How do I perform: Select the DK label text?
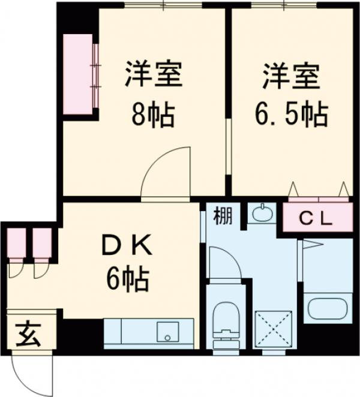127,245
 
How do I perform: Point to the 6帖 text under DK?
127,278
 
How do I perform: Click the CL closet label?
316,219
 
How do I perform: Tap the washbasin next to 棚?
261,213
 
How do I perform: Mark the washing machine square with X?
273,329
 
